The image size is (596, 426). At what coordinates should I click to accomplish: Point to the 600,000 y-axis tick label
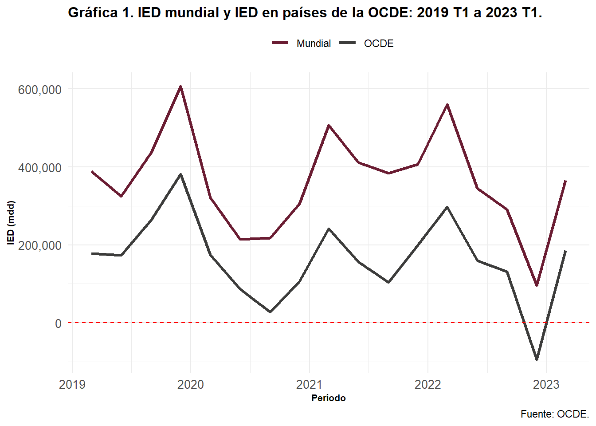coord(39,90)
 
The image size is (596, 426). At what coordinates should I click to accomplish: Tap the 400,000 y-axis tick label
coord(39,168)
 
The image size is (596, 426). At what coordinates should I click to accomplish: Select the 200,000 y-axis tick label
coord(39,245)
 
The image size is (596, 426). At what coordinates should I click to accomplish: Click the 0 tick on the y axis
coord(58,323)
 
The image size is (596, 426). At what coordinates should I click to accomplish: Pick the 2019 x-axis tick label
coord(72,384)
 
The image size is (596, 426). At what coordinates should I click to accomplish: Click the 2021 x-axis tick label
coord(309,384)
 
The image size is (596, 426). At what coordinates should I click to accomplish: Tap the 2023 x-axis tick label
coord(546,384)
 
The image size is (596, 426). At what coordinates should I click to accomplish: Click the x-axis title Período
coord(328,398)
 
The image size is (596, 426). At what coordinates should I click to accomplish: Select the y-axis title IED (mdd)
coord(11,223)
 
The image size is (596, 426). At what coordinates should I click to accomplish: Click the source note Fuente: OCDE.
coord(554,414)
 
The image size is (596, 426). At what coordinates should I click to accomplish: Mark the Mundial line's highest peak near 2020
coord(180,87)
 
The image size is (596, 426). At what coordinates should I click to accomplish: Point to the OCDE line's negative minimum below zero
coord(537,359)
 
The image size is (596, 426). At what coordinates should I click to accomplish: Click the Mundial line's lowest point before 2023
coord(537,285)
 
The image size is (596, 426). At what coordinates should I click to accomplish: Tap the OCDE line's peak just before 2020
coord(180,174)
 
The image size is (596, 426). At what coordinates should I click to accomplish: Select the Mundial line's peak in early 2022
coord(447,105)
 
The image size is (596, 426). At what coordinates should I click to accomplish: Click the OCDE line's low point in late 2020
coord(270,312)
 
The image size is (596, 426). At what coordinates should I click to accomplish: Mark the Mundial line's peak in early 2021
coord(329,126)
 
